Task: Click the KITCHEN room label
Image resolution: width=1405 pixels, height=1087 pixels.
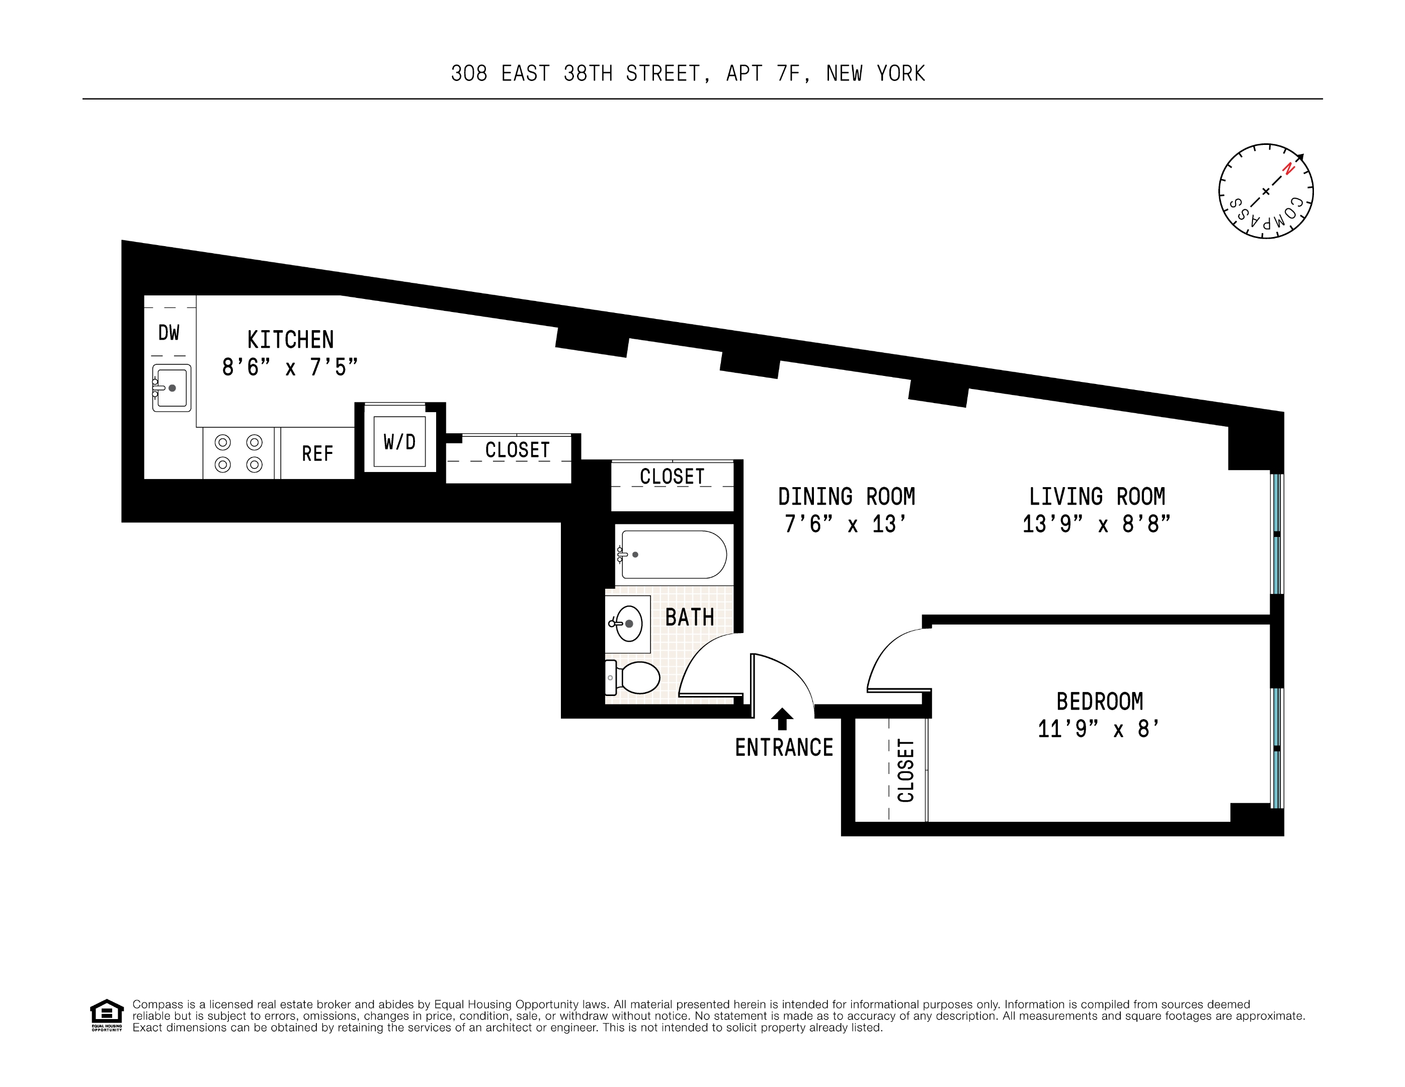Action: [290, 340]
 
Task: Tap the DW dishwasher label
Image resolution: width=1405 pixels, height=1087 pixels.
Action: [169, 333]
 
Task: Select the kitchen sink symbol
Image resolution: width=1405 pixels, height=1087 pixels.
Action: [172, 388]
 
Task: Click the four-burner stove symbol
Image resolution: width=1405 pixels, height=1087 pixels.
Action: [238, 453]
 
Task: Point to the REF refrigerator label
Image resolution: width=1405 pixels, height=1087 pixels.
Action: [317, 454]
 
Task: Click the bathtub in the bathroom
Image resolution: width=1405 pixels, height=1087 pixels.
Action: [672, 554]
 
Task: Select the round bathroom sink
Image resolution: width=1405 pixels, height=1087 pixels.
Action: [628, 624]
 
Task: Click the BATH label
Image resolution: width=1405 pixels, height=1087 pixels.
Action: [690, 617]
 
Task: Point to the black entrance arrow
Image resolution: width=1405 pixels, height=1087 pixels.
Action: [782, 718]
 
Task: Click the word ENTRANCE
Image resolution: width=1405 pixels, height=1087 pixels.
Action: [784, 748]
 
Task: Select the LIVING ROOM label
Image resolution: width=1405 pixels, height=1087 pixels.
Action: [1097, 497]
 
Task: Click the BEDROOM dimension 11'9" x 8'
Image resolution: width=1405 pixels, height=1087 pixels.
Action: [1099, 729]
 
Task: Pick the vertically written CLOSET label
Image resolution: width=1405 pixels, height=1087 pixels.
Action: [906, 770]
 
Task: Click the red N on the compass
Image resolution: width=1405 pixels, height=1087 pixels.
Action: [1288, 169]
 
